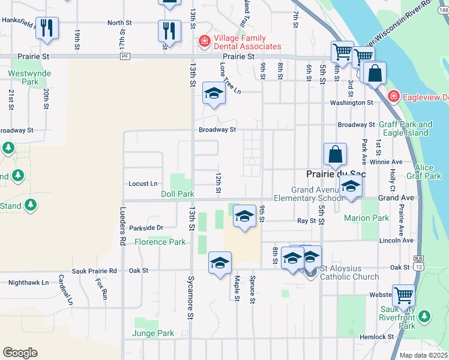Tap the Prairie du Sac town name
click(336, 173)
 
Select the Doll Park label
click(178, 194)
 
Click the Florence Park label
click(160, 242)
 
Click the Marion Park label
click(367, 218)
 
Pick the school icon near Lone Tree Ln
click(213, 94)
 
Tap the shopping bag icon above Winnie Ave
click(336, 155)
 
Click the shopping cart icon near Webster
click(403, 296)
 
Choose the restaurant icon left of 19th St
click(47, 28)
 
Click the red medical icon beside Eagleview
click(393, 95)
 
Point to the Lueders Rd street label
click(122, 229)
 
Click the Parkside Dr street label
click(146, 228)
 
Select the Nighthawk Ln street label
click(29, 282)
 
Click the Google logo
click(20, 353)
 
